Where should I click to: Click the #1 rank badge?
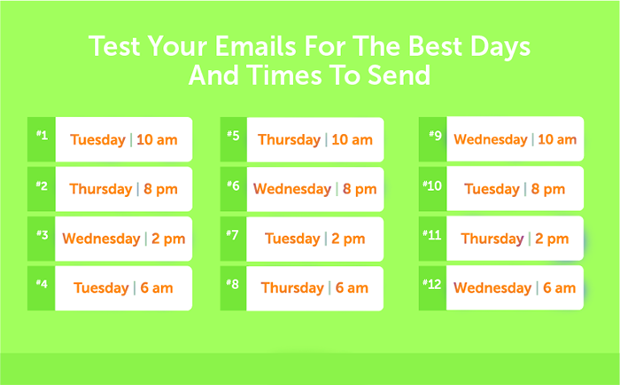pyautogui.click(x=42, y=139)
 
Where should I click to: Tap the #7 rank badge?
pyautogui.click(x=233, y=239)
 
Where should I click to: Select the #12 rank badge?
pyautogui.click(x=432, y=287)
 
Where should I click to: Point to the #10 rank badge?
pyautogui.click(x=432, y=189)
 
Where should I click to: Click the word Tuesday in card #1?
pyautogui.click(x=97, y=140)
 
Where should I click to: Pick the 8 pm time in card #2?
pyautogui.click(x=160, y=189)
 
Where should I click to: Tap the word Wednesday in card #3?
pyautogui.click(x=101, y=239)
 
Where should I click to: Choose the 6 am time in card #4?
pyautogui.click(x=157, y=288)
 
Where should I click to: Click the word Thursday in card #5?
pyautogui.click(x=289, y=140)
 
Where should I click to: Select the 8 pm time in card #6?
pyautogui.click(x=360, y=189)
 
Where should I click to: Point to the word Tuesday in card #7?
pyautogui.click(x=292, y=239)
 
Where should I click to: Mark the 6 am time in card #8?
pyautogui.click(x=352, y=288)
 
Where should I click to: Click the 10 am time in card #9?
pyautogui.click(x=557, y=139)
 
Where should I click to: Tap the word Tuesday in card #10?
pyautogui.click(x=492, y=189)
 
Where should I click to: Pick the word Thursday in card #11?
pyautogui.click(x=492, y=239)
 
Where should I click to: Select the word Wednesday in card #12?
pyautogui.click(x=492, y=288)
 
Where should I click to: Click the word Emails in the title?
pyautogui.click(x=255, y=46)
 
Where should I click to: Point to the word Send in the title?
pyautogui.click(x=399, y=75)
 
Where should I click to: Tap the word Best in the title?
pyautogui.click(x=435, y=46)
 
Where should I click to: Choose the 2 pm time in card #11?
pyautogui.click(x=552, y=239)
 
